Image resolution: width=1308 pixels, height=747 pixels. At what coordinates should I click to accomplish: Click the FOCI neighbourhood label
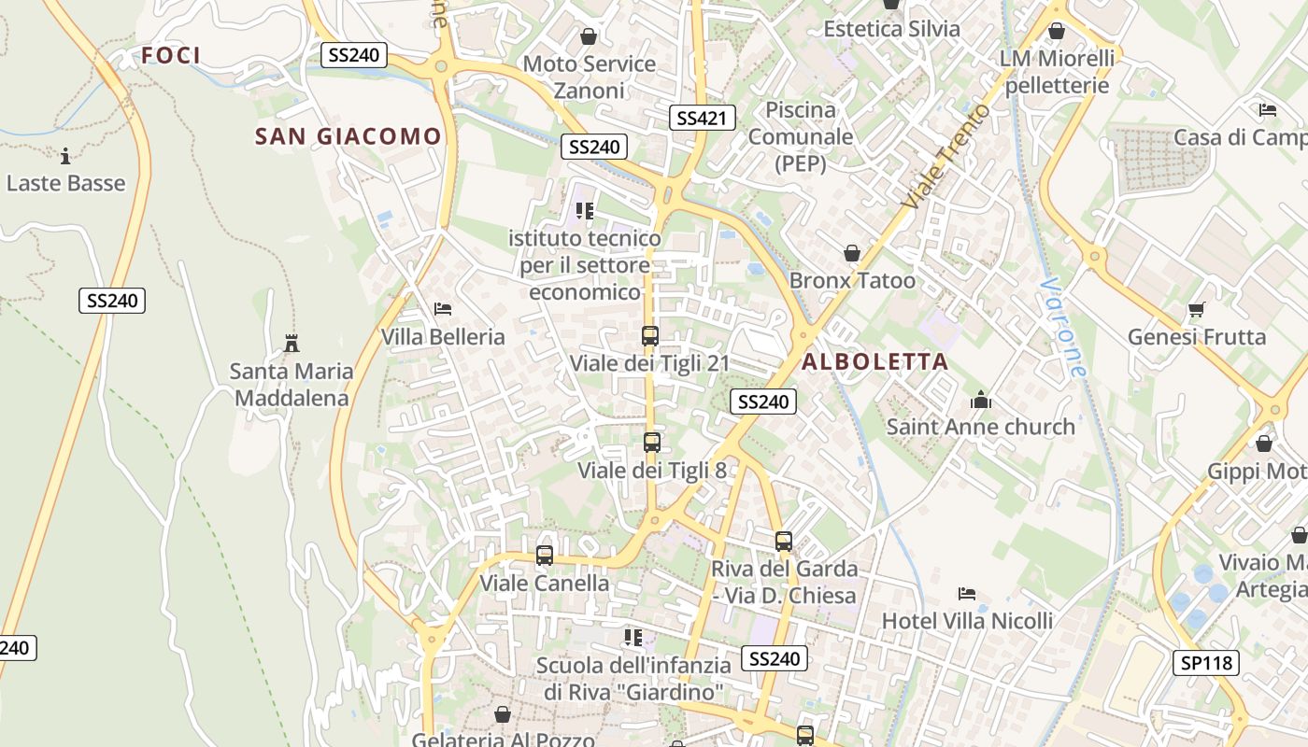pyautogui.click(x=171, y=55)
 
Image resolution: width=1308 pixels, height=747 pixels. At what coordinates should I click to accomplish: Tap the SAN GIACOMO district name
pyautogui.click(x=348, y=136)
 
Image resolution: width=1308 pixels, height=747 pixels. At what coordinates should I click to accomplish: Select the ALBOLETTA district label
pyautogui.click(x=874, y=361)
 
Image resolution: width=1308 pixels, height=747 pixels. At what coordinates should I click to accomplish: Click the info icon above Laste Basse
pyautogui.click(x=65, y=156)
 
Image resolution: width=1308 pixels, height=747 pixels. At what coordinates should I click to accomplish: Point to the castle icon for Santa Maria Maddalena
pyautogui.click(x=291, y=344)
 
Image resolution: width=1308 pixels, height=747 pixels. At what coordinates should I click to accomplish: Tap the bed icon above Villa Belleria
pyautogui.click(x=443, y=309)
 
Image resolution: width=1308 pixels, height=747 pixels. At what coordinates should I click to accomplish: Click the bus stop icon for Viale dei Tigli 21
pyautogui.click(x=650, y=336)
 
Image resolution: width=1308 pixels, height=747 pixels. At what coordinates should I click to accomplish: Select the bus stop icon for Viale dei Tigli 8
pyautogui.click(x=652, y=443)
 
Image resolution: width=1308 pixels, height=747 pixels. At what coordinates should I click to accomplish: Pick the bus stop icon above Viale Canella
pyautogui.click(x=545, y=556)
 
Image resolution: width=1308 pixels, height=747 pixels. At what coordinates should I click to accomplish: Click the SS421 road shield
pyautogui.click(x=703, y=118)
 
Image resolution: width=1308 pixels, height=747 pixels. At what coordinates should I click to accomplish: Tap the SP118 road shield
pyautogui.click(x=1205, y=663)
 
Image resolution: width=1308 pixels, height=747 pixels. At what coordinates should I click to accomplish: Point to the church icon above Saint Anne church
pyautogui.click(x=981, y=401)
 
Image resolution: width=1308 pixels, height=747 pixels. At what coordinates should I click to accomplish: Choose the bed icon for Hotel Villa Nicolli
pyautogui.click(x=968, y=594)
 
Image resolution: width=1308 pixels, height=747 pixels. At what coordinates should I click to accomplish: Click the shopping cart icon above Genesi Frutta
pyautogui.click(x=1196, y=309)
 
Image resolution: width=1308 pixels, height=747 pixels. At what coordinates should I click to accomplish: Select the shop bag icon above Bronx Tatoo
pyautogui.click(x=852, y=253)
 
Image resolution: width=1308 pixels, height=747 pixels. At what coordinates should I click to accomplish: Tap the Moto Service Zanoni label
pyautogui.click(x=589, y=78)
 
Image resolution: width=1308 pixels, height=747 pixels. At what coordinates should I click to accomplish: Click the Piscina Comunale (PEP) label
pyautogui.click(x=801, y=136)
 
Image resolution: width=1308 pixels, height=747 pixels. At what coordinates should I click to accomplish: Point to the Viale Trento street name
pyautogui.click(x=945, y=157)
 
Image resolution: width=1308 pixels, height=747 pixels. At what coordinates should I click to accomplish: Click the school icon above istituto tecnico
pyautogui.click(x=585, y=211)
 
